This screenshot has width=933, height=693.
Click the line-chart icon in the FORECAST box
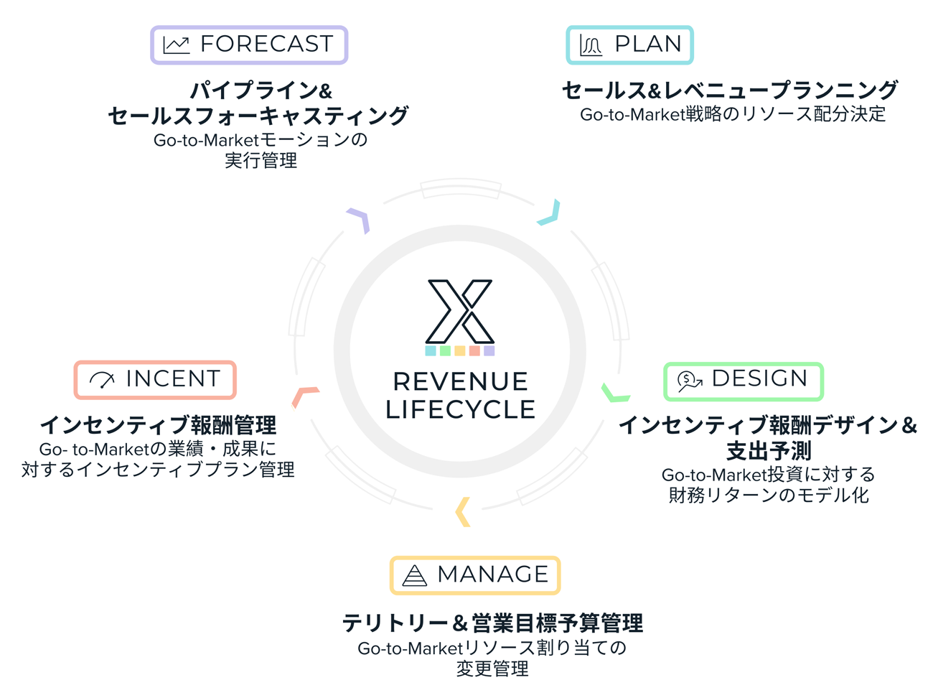point(177,45)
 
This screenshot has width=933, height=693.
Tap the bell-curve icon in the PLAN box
point(590,45)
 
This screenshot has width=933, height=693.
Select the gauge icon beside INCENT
point(102,380)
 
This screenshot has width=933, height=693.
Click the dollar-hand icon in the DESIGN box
point(689,382)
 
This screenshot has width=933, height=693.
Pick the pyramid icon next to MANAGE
point(414,575)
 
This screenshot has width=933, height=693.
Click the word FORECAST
point(267,44)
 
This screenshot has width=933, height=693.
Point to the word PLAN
point(648,44)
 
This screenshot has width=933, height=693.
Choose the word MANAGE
point(492,574)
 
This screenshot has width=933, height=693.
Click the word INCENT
point(173,378)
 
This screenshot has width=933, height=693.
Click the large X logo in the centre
point(460,312)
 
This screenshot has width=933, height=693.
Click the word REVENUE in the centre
point(460,381)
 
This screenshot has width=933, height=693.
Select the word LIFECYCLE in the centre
point(460,409)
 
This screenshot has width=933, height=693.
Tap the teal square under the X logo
point(431,350)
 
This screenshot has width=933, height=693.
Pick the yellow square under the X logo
point(460,350)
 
